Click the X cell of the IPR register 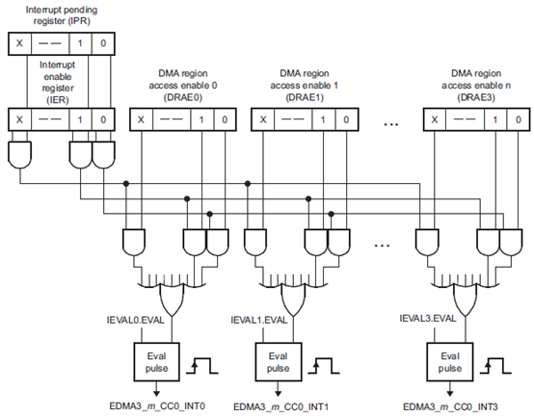point(19,43)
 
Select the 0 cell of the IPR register point(103,43)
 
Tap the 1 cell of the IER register point(80,119)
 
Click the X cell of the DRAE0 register point(142,119)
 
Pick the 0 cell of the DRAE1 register point(347,119)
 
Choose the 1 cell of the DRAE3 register point(495,119)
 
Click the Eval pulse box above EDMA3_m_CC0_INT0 point(156,362)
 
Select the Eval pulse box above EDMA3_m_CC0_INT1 point(279,362)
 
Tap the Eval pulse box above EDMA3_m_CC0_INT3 point(450,362)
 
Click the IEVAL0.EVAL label point(135,320)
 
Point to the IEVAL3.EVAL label point(428,319)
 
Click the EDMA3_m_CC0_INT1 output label point(280,406)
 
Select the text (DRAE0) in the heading point(183,97)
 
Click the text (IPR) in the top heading point(79,21)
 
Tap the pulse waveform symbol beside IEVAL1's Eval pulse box point(324,366)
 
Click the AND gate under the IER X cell point(20,155)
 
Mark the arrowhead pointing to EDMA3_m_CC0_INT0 point(156,393)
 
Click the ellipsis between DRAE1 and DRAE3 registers point(391,124)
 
